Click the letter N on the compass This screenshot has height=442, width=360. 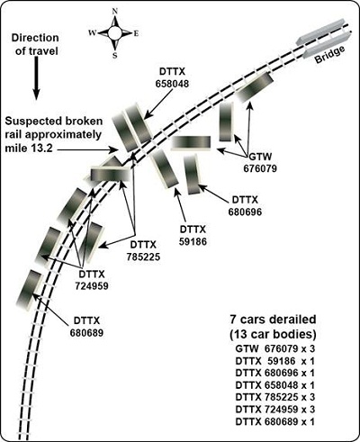click(x=114, y=12)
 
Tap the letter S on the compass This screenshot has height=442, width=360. click(x=115, y=55)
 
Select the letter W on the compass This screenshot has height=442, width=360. click(x=92, y=32)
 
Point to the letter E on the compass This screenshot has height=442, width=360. click(x=136, y=33)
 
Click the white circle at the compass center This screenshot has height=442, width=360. click(x=114, y=33)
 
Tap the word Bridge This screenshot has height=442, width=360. click(x=329, y=55)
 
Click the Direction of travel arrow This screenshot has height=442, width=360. click(x=36, y=78)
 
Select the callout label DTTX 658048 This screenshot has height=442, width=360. click(x=172, y=77)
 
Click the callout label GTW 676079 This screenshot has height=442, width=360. click(x=260, y=162)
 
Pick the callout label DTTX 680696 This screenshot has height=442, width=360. click(x=245, y=206)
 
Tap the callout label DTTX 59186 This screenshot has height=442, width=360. click(x=193, y=235)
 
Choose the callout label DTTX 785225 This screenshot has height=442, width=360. click(x=143, y=250)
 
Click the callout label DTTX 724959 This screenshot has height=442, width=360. click(x=92, y=280)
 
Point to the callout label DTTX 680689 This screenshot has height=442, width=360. click(x=86, y=327)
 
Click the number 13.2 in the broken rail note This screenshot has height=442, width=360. click(x=41, y=148)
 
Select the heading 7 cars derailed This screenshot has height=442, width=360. click(x=273, y=320)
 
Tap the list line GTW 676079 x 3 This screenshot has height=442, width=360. click(x=275, y=348)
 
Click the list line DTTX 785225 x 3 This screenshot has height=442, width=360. click(x=275, y=397)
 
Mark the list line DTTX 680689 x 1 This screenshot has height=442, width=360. click(x=275, y=421)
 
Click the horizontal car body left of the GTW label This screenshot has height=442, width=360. click(x=191, y=142)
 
